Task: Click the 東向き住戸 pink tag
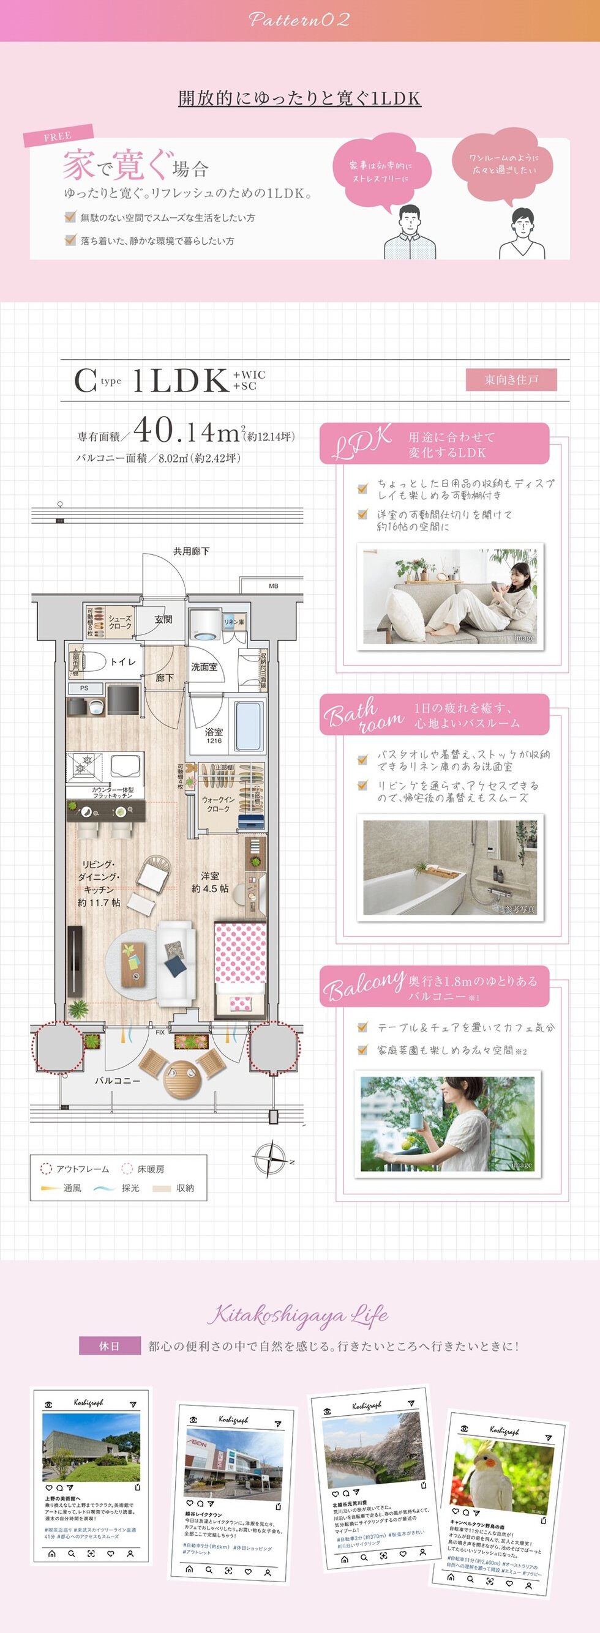(511, 380)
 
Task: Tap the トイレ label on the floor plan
(122, 662)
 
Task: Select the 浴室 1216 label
(214, 735)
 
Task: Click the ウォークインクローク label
(218, 805)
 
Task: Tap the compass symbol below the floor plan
(270, 1159)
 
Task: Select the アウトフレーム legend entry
(75, 1169)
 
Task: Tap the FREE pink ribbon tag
(58, 136)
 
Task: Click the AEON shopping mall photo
(233, 1464)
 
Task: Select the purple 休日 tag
(109, 1346)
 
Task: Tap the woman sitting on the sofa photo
(449, 596)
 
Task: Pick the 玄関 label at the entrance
(163, 619)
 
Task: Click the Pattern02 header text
(299, 20)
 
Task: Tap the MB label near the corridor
(273, 586)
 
